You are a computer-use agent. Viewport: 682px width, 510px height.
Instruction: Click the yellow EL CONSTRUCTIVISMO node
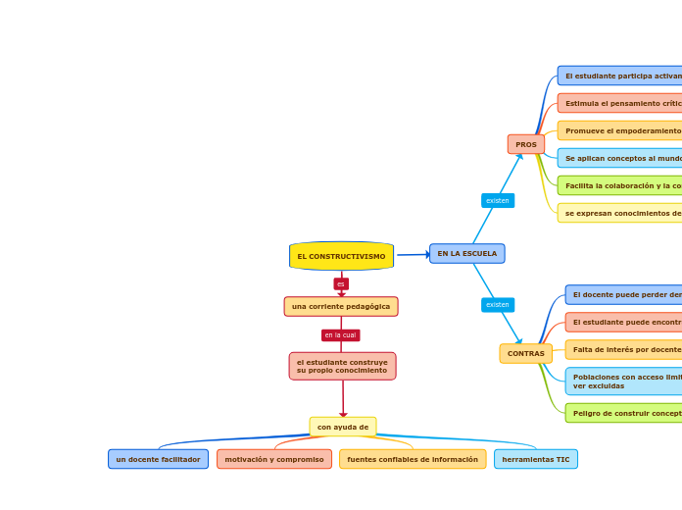[341, 256]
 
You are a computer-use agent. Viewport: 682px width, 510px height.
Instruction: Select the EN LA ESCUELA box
[466, 254]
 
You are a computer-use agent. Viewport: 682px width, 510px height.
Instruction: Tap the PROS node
[526, 144]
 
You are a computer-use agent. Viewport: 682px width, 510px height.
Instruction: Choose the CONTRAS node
[526, 353]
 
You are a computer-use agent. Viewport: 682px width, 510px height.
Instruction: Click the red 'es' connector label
[341, 283]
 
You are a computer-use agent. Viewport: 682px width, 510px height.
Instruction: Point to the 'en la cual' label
[341, 335]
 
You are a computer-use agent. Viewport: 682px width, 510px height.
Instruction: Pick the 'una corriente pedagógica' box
[341, 307]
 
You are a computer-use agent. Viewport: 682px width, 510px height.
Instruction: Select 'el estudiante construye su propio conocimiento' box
[342, 366]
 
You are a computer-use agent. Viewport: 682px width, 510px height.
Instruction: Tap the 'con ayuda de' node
[343, 427]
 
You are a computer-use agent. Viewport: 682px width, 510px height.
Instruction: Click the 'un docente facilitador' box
[158, 459]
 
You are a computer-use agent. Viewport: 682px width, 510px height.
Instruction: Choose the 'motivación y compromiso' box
[274, 459]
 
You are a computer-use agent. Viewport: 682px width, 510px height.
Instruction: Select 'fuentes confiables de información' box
[413, 459]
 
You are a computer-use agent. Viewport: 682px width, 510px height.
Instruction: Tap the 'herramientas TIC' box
[536, 459]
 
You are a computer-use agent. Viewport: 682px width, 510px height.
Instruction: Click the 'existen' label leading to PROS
[498, 201]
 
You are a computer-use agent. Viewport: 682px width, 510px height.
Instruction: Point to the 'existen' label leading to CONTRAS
[498, 305]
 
